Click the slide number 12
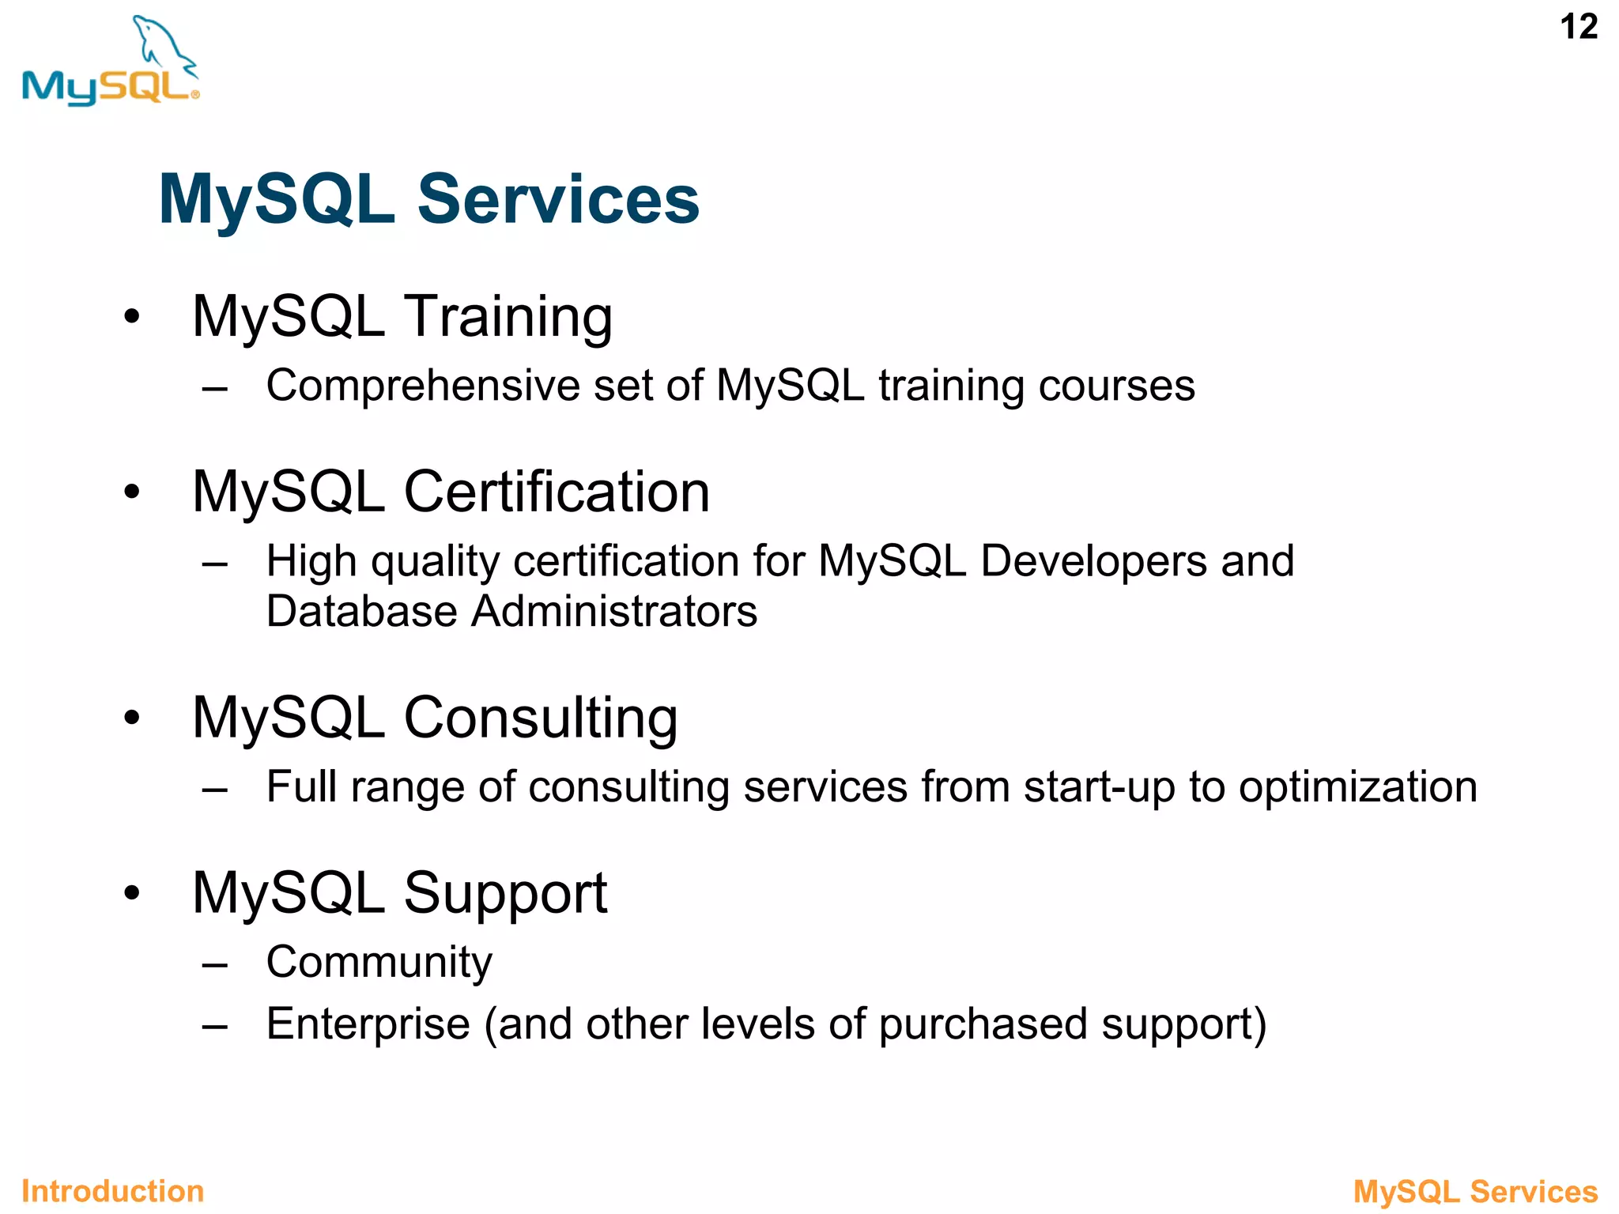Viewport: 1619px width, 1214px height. [1578, 28]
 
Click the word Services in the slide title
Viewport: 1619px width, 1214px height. [557, 199]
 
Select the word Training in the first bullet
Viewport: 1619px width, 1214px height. [508, 317]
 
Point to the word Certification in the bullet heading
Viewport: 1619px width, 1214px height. [557, 492]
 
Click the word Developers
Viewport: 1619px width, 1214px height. [1093, 562]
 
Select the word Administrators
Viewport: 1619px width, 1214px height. [614, 612]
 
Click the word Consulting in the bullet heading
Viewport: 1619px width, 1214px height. [541, 718]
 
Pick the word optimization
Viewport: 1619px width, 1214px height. [1357, 787]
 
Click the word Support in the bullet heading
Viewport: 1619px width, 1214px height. [505, 893]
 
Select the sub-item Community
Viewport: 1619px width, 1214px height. [379, 963]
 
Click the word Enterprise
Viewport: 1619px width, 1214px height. [368, 1024]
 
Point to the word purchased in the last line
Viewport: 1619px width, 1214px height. [983, 1024]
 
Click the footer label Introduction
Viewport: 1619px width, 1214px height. [112, 1191]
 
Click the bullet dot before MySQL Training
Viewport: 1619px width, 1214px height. [131, 317]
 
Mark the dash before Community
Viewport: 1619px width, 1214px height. [214, 964]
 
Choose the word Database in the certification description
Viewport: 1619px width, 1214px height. [361, 612]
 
